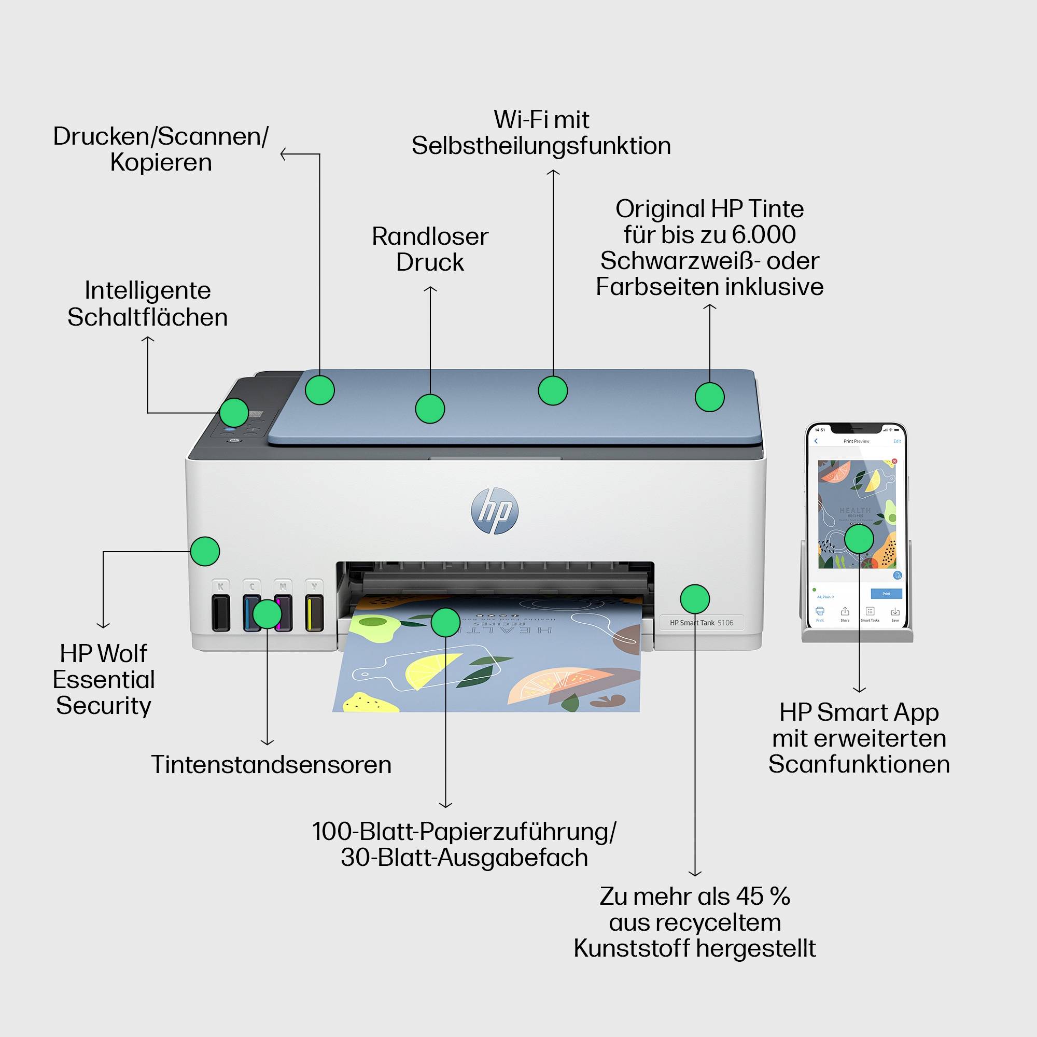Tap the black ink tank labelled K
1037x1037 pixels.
coord(220,612)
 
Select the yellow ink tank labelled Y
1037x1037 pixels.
coord(314,612)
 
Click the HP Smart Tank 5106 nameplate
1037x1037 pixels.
coord(701,623)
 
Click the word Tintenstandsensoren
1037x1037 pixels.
coord(271,765)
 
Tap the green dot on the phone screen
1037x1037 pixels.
coord(859,539)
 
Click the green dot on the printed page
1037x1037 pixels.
coord(445,622)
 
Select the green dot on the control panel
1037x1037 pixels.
coord(234,412)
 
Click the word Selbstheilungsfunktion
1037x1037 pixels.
coord(541,146)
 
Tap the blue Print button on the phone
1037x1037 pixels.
coord(886,594)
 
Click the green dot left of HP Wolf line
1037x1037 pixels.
coord(205,551)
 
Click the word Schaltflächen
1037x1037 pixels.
coord(148,317)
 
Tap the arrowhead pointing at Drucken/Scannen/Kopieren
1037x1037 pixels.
coord(283,155)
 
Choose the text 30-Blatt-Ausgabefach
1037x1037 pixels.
coord(464,857)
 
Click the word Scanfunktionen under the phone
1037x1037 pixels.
coord(859,764)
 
